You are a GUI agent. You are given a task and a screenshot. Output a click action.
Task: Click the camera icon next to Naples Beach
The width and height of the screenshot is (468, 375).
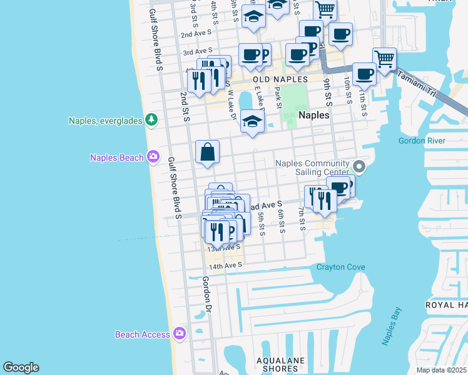tap(153, 157)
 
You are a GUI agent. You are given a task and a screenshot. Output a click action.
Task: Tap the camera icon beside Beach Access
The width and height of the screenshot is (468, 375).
tap(180, 334)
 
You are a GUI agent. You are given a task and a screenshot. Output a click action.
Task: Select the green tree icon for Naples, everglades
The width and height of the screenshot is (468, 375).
tap(151, 119)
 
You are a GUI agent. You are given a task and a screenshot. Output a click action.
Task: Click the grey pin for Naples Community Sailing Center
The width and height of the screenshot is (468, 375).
tap(359, 166)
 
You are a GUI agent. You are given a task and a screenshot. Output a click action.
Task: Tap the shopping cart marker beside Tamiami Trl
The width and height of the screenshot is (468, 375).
tap(384, 59)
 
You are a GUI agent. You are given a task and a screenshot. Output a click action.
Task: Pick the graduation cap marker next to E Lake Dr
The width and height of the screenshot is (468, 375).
tap(252, 120)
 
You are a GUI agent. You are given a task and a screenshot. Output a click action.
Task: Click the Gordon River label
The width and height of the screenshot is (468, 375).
tap(422, 141)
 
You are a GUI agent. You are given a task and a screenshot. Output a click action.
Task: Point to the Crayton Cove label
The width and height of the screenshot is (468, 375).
tap(340, 267)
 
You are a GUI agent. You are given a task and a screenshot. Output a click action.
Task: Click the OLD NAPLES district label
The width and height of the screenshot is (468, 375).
tap(280, 80)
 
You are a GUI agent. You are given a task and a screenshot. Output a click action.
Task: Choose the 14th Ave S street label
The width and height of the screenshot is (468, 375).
tap(225, 266)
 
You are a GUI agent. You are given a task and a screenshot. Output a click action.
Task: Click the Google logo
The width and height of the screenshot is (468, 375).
tap(21, 367)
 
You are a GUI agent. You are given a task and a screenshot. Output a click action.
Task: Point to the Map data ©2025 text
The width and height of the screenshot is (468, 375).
tap(441, 370)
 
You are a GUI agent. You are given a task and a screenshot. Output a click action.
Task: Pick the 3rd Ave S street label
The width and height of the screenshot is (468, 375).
tap(198, 50)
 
